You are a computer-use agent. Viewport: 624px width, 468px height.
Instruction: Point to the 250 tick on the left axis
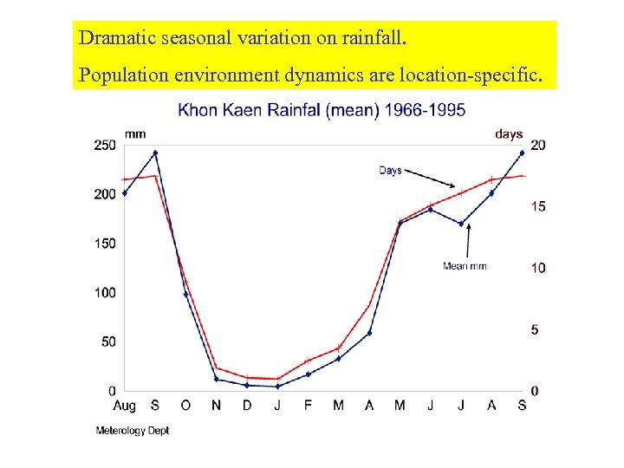(104, 145)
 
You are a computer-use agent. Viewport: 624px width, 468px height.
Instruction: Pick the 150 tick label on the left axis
(104, 244)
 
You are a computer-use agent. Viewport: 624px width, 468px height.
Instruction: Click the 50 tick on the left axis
(107, 342)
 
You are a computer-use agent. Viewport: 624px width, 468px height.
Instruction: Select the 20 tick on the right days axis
(538, 145)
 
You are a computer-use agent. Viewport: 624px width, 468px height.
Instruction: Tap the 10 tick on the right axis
(538, 268)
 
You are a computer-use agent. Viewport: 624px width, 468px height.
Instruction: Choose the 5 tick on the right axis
(535, 330)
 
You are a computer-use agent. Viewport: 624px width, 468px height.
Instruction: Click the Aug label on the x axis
(124, 406)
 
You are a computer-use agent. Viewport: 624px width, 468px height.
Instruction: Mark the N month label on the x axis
(216, 406)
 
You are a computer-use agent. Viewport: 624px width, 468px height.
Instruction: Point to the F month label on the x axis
(308, 406)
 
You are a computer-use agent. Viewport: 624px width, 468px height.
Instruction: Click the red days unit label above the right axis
(509, 133)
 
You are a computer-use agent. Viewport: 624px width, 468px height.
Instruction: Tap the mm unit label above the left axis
(135, 133)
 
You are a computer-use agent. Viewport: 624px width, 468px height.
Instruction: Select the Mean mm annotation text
(465, 266)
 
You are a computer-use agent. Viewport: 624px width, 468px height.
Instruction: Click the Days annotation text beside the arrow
(390, 171)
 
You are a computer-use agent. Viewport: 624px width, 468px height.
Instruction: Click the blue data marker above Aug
(125, 193)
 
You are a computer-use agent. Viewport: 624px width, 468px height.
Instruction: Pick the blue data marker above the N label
(216, 379)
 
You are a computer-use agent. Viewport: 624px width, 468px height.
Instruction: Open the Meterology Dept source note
(132, 431)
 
